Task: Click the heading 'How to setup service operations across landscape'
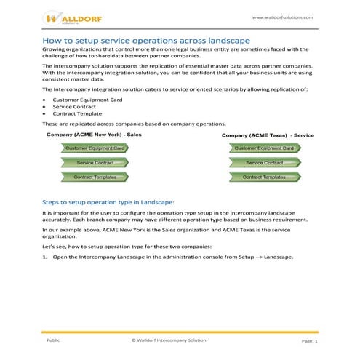pyautogui.click(x=147, y=39)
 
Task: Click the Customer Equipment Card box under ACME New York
pyautogui.click(x=97, y=148)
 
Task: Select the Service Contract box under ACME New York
pyautogui.click(x=95, y=163)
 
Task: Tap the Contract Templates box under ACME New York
pyautogui.click(x=96, y=177)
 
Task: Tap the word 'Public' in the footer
pyautogui.click(x=53, y=340)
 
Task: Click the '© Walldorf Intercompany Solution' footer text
pyautogui.click(x=169, y=340)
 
